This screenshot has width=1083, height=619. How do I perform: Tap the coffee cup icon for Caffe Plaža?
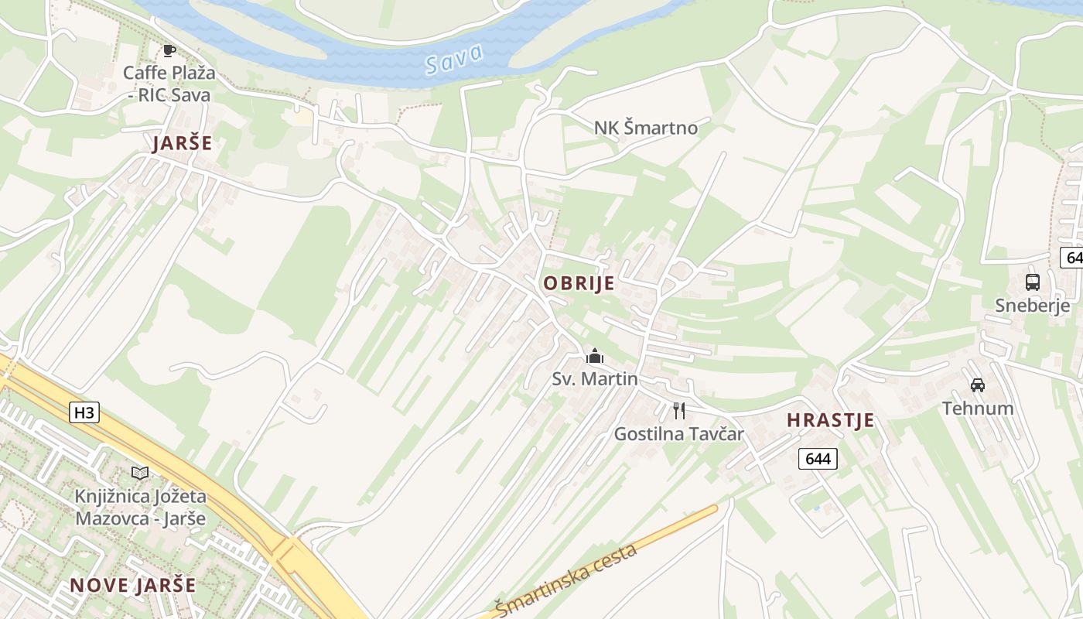tap(169, 51)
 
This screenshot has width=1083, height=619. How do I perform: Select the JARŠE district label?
tap(182, 143)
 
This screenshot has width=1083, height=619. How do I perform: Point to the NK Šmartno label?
tap(645, 128)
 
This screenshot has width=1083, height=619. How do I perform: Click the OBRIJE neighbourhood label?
tap(579, 283)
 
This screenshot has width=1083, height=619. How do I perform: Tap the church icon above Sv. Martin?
tap(594, 356)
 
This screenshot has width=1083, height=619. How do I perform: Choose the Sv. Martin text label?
tap(594, 379)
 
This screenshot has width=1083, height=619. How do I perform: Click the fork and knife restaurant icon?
tap(678, 410)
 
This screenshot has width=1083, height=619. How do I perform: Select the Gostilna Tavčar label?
tap(678, 434)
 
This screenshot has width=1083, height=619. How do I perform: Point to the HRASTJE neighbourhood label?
tap(830, 420)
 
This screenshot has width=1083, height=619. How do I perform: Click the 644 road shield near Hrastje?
tap(818, 459)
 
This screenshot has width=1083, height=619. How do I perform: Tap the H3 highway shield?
tap(84, 412)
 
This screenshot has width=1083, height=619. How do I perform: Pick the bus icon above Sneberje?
tap(1032, 282)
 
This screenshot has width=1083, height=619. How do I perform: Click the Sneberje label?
tap(1032, 305)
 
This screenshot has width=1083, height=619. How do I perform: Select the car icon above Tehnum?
tap(977, 385)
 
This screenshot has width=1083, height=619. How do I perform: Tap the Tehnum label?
tap(977, 408)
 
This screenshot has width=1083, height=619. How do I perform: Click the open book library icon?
tap(140, 472)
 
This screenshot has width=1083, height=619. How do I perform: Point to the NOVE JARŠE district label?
tap(132, 585)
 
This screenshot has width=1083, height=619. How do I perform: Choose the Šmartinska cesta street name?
tap(567, 580)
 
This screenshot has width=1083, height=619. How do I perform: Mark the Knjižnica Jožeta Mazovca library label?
tap(140, 507)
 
